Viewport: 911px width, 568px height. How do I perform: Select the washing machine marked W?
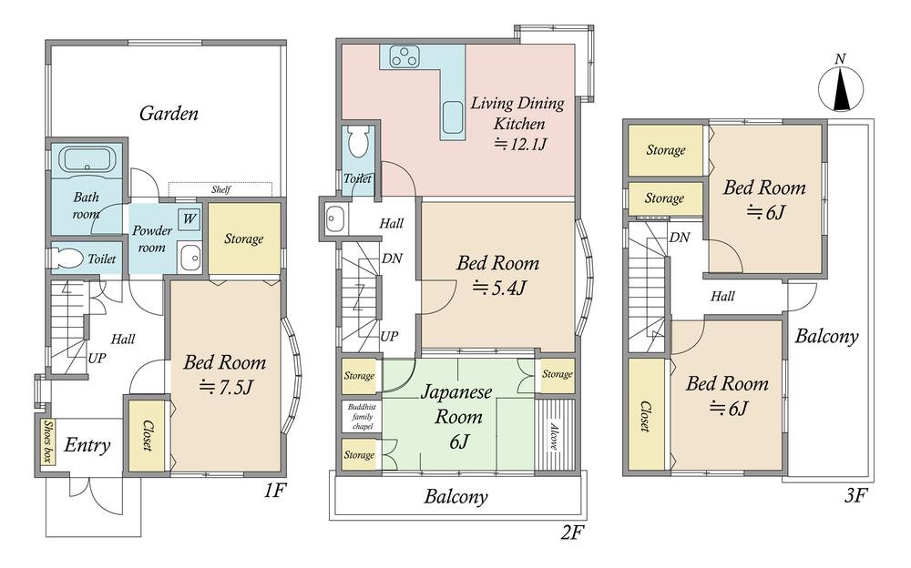pos(189,219)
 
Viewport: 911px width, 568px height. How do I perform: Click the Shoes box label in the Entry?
pos(47,441)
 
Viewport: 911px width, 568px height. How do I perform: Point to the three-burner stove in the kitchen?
pos(404,56)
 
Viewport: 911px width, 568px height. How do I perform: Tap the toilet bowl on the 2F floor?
pos(357,141)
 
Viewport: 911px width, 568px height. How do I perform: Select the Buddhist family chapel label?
pos(362,416)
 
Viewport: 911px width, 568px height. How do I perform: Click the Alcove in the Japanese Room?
pos(554,434)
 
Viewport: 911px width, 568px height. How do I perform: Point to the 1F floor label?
pos(274,491)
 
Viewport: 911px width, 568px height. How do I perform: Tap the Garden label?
pos(169,113)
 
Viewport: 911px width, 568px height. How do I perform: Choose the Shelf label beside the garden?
pos(220,189)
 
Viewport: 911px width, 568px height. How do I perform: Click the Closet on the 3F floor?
pos(646,415)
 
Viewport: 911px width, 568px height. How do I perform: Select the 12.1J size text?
pos(520,144)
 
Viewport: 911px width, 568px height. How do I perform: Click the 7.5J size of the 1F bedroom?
pos(225,386)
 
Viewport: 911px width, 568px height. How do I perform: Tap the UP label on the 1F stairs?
pos(97,358)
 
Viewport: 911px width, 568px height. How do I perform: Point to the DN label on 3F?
pos(680,237)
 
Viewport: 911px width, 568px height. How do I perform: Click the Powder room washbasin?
pos(189,258)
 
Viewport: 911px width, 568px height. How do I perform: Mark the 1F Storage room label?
pos(244,238)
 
